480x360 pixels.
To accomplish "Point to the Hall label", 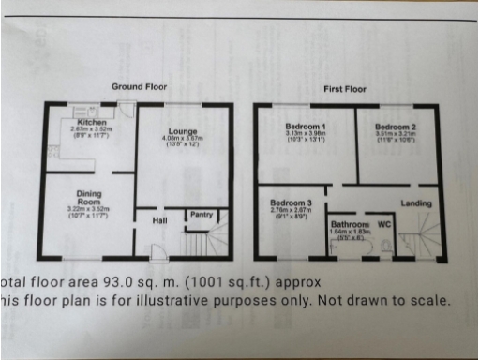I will pos(147,220).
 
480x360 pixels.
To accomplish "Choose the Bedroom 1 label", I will pos(306,126).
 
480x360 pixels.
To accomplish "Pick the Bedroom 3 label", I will pos(290,203).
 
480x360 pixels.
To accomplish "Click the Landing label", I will pos(416,203).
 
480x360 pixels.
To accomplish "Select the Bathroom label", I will pos(350,225).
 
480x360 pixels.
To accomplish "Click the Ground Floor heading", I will pos(139,86).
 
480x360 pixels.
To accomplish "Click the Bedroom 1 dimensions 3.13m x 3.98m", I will pos(307,134).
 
